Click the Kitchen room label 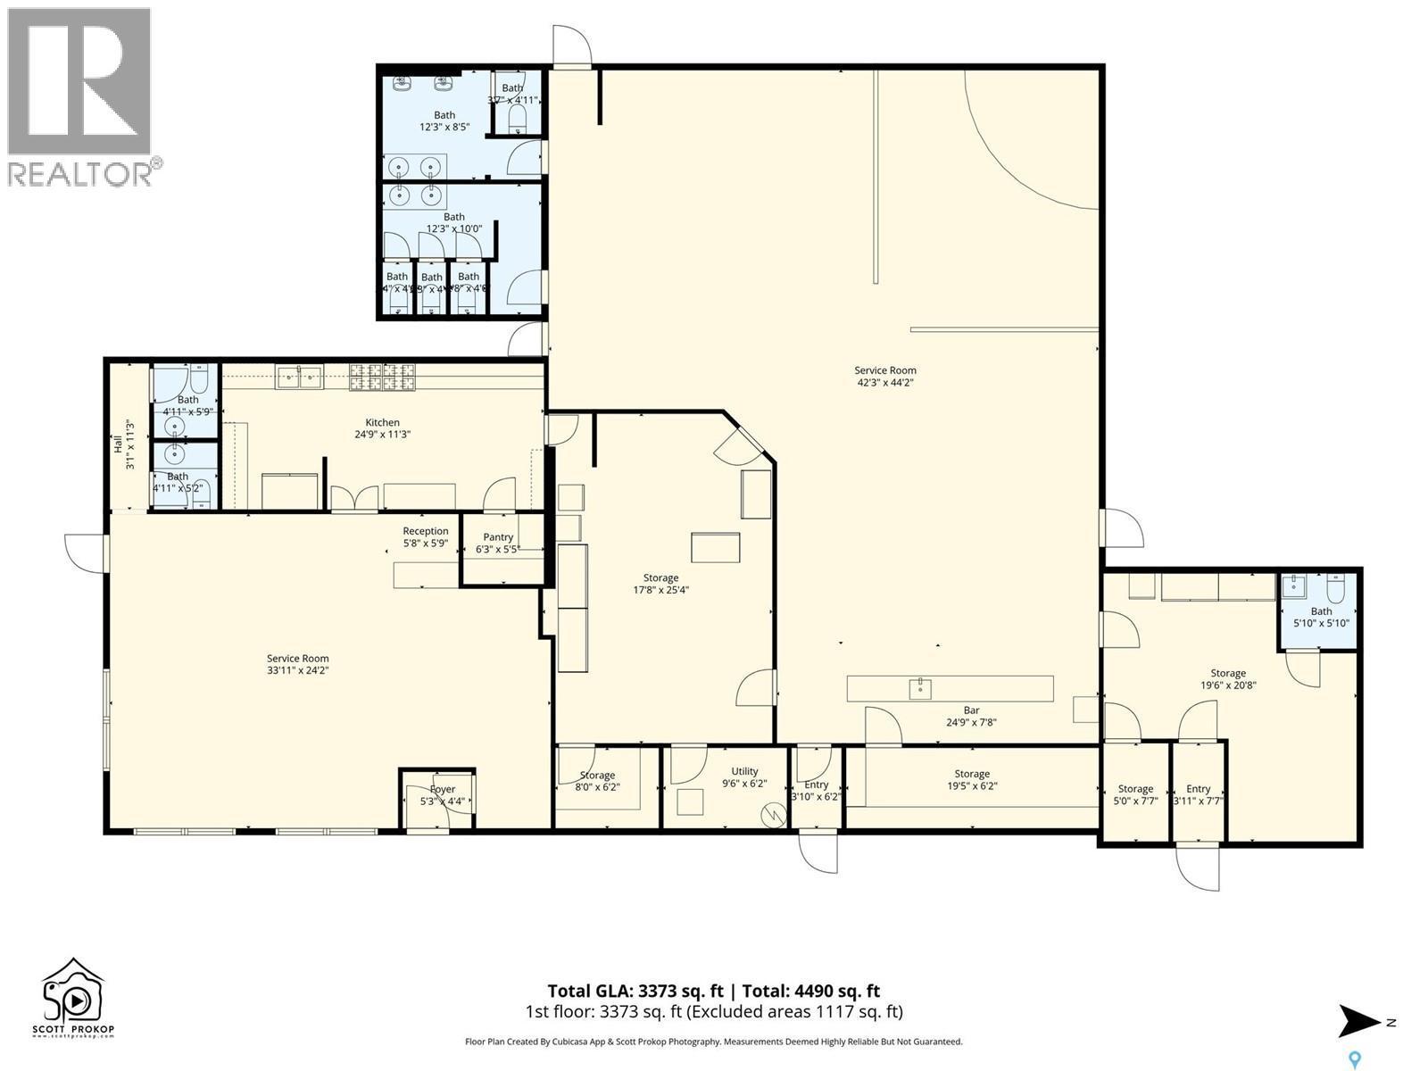(x=382, y=428)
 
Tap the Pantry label (x=498, y=543)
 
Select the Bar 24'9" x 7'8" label (x=971, y=717)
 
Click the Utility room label (x=744, y=777)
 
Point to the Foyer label (x=443, y=795)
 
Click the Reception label (x=425, y=536)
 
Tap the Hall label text (x=123, y=444)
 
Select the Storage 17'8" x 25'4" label (x=660, y=584)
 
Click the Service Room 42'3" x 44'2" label (x=884, y=376)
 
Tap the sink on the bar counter (x=920, y=688)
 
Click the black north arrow (x=1362, y=1022)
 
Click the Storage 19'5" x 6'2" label (x=971, y=780)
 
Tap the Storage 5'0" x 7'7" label (x=1135, y=794)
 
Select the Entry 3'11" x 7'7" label (x=1198, y=794)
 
